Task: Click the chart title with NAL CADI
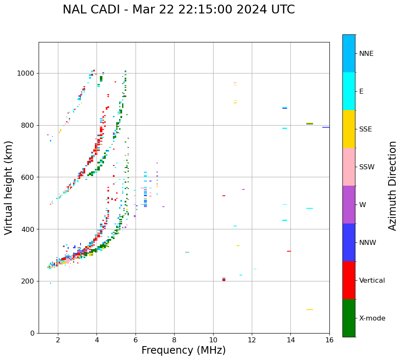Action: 178,10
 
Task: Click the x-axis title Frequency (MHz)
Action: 183,350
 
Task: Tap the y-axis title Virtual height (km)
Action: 9,187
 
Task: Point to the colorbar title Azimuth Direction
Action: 392,185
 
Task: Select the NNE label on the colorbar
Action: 366,54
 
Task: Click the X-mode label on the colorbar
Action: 372,318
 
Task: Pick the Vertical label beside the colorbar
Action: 372,280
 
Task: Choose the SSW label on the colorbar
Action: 367,167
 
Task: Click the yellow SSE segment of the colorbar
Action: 349,129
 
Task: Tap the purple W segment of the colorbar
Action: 349,205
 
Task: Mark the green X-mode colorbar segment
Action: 349,318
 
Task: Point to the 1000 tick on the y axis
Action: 27,73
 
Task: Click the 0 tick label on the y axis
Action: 33,333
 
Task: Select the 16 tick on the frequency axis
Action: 329,339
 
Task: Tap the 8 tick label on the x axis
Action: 174,339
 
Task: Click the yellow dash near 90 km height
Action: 309,310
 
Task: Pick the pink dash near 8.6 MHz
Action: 187,252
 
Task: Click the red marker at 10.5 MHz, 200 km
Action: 224,280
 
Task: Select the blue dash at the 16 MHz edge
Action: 326,127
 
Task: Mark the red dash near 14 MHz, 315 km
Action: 289,251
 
